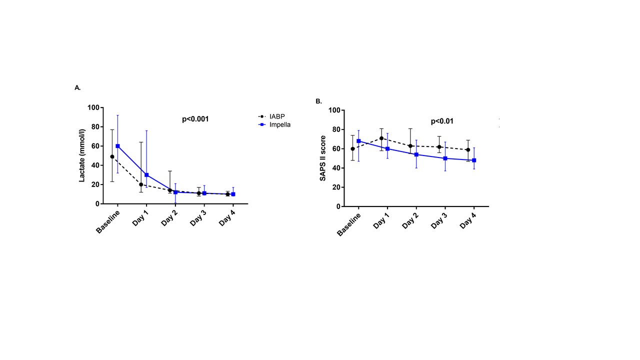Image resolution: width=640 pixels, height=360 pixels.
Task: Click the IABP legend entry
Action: point(271,116)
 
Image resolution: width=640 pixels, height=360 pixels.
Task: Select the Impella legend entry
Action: point(274,125)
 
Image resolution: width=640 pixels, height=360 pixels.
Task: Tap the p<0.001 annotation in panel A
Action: point(195,119)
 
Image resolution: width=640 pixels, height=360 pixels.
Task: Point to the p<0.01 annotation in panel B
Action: point(442,121)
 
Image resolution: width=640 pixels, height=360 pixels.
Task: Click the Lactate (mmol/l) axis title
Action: point(82,155)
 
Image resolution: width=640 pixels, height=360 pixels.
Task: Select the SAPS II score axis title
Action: point(323,158)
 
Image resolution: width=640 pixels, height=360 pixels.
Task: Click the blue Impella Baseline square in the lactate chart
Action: point(117,146)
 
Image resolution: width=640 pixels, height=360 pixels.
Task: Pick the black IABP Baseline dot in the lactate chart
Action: point(112,156)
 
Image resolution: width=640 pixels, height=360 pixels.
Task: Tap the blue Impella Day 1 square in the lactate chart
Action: point(146,175)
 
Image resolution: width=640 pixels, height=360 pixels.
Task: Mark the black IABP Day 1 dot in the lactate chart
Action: point(141,184)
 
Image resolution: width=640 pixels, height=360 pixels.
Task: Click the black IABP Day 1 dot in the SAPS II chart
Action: point(381,138)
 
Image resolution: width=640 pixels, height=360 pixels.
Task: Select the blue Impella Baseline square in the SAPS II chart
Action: point(358,141)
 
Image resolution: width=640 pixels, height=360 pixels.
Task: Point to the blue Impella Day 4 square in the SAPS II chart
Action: point(474,160)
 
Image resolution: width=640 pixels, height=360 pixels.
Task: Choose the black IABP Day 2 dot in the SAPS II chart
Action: point(410,146)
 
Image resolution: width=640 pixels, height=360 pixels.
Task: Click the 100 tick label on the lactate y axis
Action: point(93,107)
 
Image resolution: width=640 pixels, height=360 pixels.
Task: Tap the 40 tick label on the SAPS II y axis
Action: point(336,168)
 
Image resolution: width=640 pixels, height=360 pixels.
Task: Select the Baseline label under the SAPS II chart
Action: point(348,225)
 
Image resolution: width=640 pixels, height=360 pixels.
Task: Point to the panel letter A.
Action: point(77,87)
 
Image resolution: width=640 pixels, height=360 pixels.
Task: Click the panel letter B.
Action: point(318,101)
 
